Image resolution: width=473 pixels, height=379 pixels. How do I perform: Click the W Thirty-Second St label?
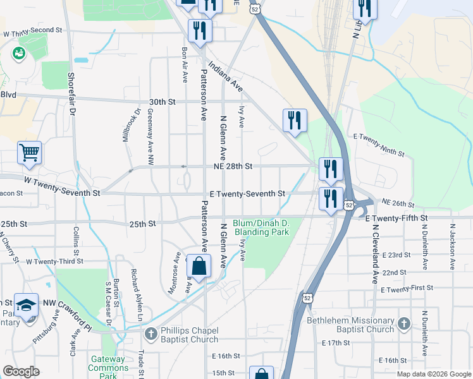[x=33, y=30]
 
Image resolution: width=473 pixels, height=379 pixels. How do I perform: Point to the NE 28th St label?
[x=231, y=166]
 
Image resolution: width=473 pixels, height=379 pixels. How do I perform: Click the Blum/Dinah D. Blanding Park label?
[x=261, y=227]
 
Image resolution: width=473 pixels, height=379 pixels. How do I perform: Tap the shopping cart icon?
[x=29, y=153]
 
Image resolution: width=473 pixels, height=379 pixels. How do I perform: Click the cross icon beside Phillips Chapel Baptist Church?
[x=150, y=333]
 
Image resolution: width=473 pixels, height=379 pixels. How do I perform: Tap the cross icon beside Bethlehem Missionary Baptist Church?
[x=405, y=325]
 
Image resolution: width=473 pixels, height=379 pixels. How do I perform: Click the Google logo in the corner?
[x=21, y=371]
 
